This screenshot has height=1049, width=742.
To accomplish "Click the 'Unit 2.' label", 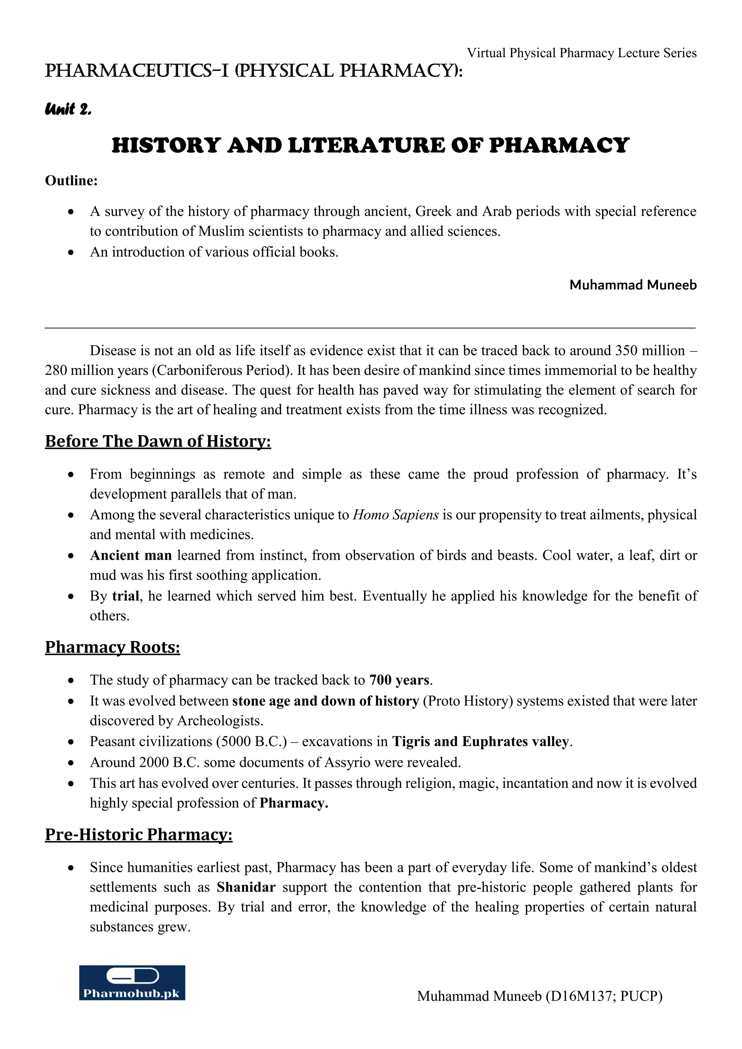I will (x=68, y=110).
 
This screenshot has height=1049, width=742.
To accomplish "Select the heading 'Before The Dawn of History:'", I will (x=158, y=441).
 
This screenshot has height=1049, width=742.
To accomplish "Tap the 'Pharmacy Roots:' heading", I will (x=112, y=647).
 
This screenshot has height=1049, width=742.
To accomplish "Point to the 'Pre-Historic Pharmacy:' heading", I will (x=138, y=835).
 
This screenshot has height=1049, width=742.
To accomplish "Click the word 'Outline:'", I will (x=71, y=181).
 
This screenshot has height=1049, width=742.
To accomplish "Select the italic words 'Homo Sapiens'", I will (x=396, y=515).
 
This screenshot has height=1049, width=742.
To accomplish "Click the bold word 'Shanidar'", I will (x=246, y=887).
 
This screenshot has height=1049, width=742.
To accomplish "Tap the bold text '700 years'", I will (x=399, y=680).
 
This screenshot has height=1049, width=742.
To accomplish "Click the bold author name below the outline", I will (x=633, y=285).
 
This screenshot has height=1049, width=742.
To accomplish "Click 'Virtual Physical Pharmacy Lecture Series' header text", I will (x=581, y=54).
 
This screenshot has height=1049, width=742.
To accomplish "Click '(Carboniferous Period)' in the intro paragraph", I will (x=222, y=371).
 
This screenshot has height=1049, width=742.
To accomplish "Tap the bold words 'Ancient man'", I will (x=131, y=556).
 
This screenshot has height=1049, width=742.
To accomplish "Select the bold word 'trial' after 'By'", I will (x=126, y=596).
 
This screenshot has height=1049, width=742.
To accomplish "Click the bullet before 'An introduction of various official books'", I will (x=71, y=252).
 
